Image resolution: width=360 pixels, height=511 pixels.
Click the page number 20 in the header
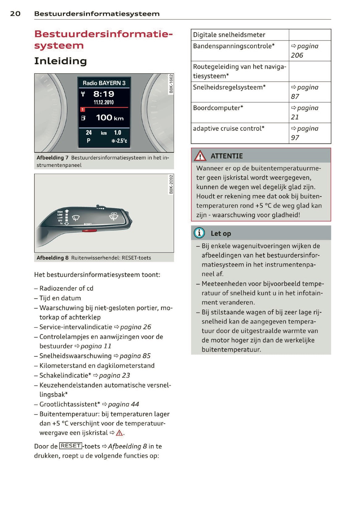pyautogui.click(x=15, y=14)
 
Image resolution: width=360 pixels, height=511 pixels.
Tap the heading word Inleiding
pyautogui.click(x=60, y=61)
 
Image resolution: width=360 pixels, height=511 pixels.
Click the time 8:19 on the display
pyautogui.click(x=104, y=94)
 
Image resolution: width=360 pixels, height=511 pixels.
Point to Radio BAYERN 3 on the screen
pyautogui.click(x=104, y=83)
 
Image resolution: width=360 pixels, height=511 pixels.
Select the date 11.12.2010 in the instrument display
pyautogui.click(x=104, y=102)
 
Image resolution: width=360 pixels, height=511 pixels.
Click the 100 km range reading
pyautogui.click(x=109, y=118)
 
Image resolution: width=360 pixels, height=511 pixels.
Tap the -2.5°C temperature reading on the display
pyautogui.click(x=120, y=141)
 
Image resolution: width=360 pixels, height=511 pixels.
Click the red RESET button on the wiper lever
pyautogui.click(x=89, y=230)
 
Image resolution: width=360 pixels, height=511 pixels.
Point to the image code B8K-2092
pyautogui.click(x=171, y=184)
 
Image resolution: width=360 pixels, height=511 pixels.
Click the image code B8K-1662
pyautogui.click(x=171, y=84)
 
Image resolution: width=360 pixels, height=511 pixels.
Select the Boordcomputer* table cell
pyautogui.click(x=218, y=108)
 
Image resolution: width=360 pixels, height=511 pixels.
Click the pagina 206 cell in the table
pyautogui.click(x=304, y=51)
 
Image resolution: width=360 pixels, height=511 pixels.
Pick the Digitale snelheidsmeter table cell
pyautogui.click(x=229, y=35)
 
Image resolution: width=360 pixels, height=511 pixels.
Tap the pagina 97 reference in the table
pyautogui.click(x=304, y=133)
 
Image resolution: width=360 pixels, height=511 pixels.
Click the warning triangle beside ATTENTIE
pyautogui.click(x=200, y=156)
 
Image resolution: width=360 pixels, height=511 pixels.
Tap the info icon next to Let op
pyautogui.click(x=199, y=233)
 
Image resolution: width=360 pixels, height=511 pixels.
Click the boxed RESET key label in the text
pyautogui.click(x=71, y=446)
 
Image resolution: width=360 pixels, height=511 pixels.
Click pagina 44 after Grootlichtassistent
pyautogui.click(x=123, y=404)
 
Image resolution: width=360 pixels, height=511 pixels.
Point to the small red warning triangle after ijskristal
pyautogui.click(x=119, y=433)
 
